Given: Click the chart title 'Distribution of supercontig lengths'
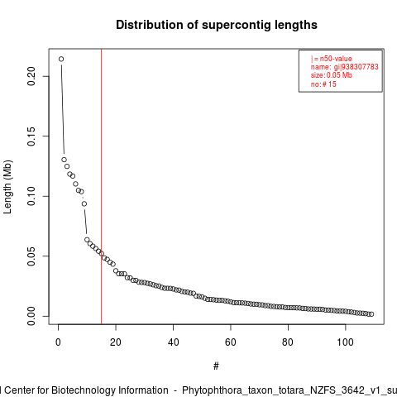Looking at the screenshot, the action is [217, 25].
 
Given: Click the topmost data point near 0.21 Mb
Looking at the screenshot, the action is [61, 59].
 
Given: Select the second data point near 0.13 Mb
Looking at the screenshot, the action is [64, 160].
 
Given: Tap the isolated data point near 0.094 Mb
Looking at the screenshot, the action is [84, 203].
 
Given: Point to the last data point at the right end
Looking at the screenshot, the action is [371, 314].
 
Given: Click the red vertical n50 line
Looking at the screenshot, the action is [102, 187].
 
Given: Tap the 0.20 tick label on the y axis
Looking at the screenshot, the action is [31, 76].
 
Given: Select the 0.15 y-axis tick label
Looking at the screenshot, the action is [31, 136].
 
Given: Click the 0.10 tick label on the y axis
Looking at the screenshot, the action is [31, 196].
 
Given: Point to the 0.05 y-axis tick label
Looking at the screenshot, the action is [31, 256].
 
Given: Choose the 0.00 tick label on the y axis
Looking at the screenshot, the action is [31, 316].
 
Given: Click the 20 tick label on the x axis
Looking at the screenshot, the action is [116, 342].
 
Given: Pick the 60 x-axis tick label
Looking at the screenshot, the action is [231, 342].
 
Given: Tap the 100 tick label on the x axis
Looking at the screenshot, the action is [345, 342].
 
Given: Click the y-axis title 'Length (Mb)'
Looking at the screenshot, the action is [7, 187].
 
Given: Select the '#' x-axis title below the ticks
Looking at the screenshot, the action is [216, 366].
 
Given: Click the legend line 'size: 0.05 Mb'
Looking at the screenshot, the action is [332, 75].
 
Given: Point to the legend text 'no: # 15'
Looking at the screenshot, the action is [323, 84].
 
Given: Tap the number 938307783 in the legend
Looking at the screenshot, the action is [360, 67].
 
